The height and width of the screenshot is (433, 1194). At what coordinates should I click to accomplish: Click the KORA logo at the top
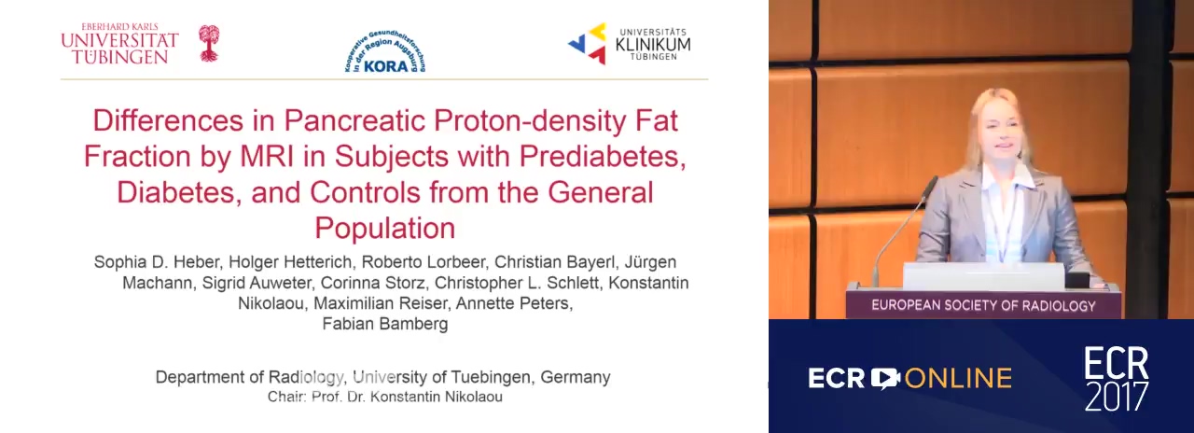385,51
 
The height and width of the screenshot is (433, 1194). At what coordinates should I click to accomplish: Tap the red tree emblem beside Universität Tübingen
209,43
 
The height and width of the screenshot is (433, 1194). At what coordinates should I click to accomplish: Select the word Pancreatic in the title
354,120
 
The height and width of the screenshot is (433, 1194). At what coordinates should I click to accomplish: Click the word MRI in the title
267,156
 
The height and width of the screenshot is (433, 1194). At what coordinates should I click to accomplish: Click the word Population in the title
385,229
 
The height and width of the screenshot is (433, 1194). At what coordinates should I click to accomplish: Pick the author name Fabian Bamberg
385,324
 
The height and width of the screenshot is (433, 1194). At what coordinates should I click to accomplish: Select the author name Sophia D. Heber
159,262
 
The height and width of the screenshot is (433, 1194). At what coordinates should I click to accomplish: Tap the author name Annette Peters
514,303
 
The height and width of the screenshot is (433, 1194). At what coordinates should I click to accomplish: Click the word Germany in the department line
576,378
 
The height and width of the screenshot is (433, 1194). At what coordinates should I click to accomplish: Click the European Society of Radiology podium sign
983,305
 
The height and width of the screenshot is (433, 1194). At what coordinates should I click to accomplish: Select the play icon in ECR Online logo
885,379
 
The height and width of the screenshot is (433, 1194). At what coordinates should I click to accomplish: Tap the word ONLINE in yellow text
958,379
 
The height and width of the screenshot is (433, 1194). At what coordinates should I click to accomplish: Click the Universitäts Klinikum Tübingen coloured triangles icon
588,44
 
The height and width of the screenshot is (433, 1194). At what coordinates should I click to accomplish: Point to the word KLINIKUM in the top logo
653,45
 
